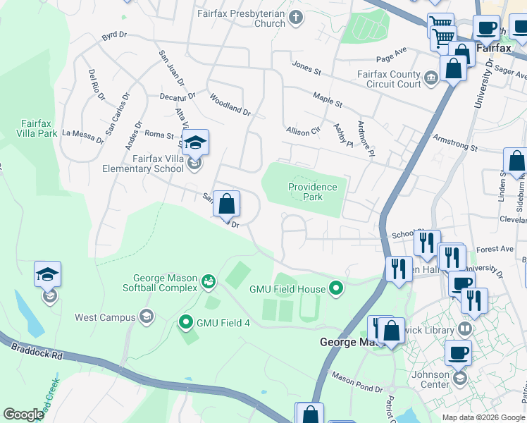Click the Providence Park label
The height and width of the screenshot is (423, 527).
[x=313, y=192]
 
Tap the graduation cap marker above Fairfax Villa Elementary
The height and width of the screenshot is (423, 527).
[x=196, y=143]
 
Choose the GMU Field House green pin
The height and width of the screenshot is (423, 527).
[x=336, y=288]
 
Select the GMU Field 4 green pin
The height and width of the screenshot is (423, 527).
[x=186, y=323]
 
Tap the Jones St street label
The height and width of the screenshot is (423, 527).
[x=306, y=68]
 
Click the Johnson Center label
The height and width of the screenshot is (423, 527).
[x=430, y=379]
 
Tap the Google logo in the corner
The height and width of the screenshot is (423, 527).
[x=23, y=415]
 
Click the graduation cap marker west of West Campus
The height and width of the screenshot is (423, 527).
[x=48, y=275]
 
